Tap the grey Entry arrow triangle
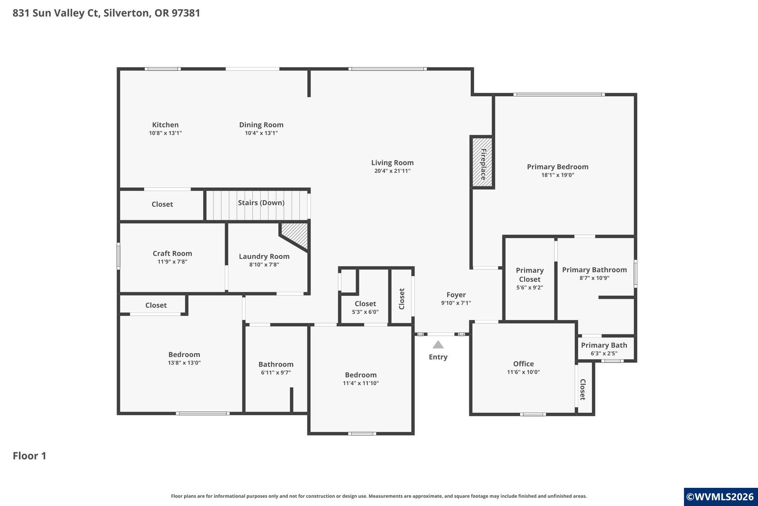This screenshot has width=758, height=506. [x=438, y=345]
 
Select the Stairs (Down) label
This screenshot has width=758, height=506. [x=261, y=203]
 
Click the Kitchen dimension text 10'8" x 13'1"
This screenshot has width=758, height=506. [x=165, y=133]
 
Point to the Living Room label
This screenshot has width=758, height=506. [x=392, y=163]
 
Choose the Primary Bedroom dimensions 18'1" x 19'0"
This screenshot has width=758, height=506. [x=558, y=175]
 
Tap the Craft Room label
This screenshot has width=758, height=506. [x=172, y=254]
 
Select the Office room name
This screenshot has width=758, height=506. [x=523, y=364]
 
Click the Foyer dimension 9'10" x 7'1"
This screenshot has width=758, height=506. [x=456, y=303]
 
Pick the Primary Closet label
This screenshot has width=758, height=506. [x=530, y=275]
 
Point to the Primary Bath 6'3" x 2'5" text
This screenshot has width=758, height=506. [x=604, y=354]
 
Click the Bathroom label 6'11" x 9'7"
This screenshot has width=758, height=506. [x=276, y=373]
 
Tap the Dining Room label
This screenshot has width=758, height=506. [x=261, y=125]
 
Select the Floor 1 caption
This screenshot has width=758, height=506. [x=30, y=456]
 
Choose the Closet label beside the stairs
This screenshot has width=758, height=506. [x=162, y=204]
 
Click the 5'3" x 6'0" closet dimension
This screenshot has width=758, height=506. [x=365, y=312]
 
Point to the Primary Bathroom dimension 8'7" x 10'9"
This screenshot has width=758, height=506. [x=594, y=278]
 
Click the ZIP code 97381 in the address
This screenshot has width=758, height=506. [x=186, y=13]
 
